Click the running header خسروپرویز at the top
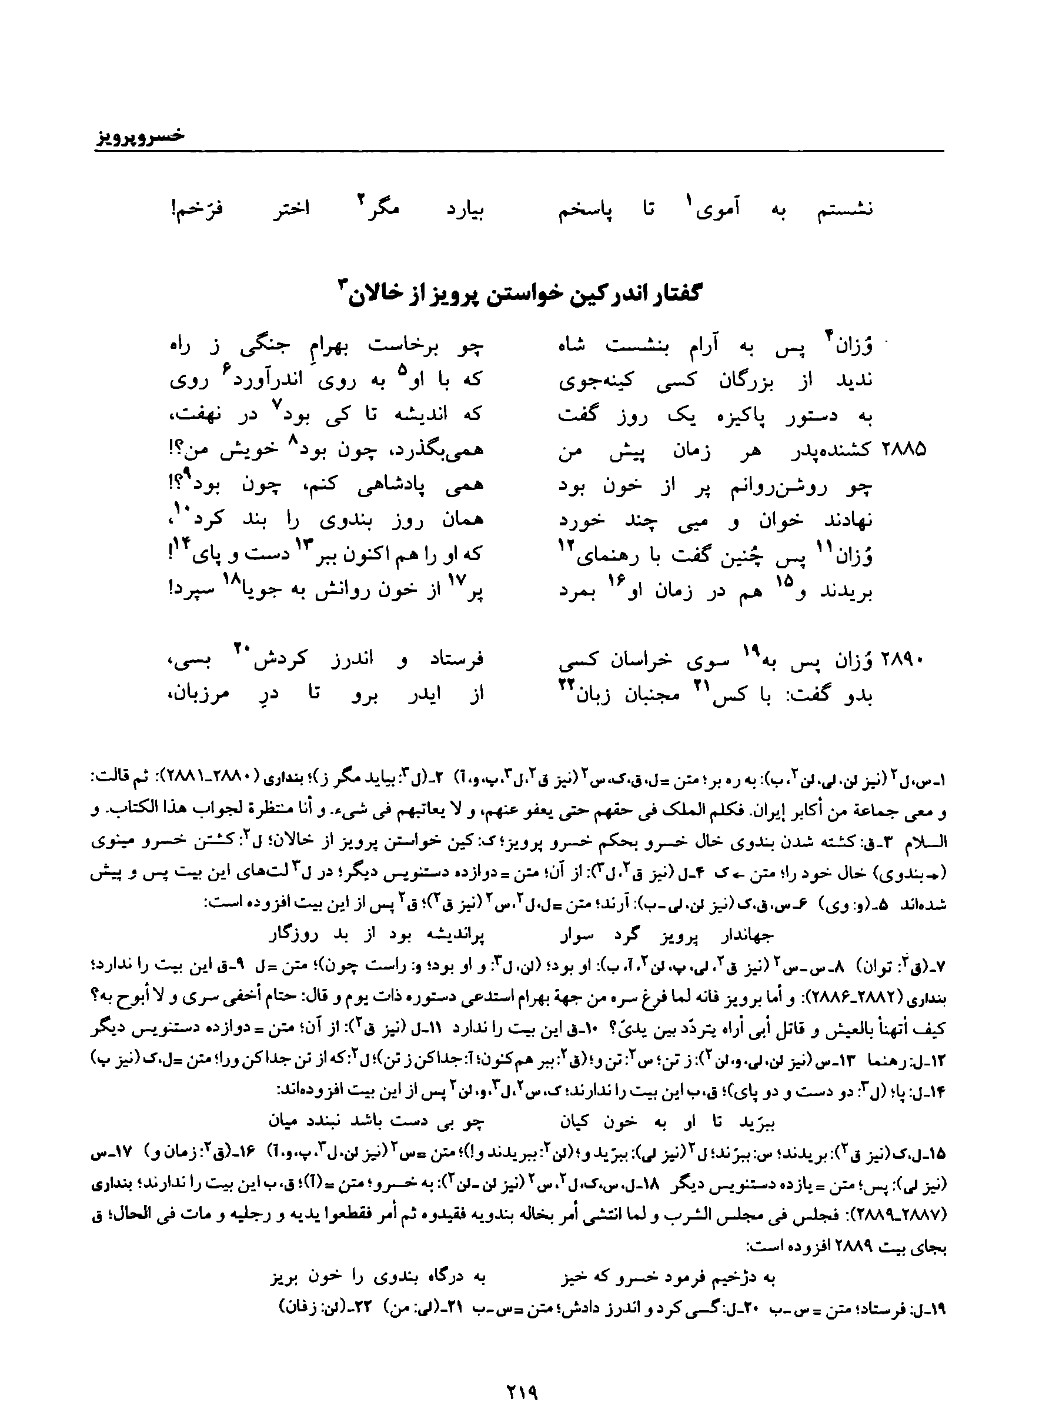pyautogui.click(x=141, y=136)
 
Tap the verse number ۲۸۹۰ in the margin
pyautogui.click(x=904, y=661)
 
